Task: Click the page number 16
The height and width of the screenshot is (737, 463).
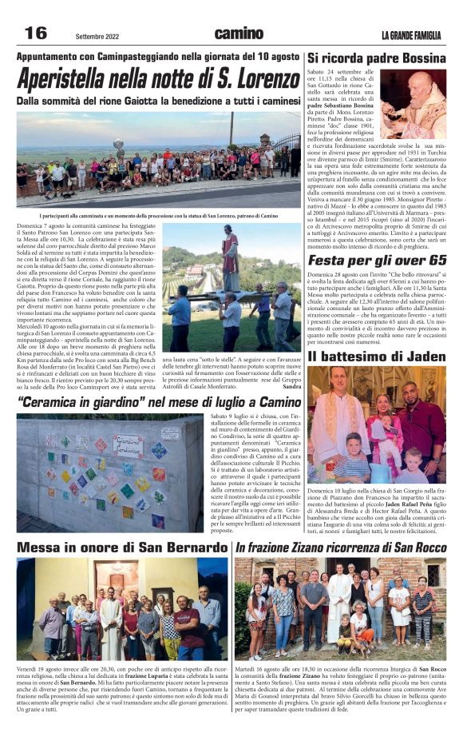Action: click(x=36, y=33)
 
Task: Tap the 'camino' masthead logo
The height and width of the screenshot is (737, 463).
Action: click(x=239, y=34)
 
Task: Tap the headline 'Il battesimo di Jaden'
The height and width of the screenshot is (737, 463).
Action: click(x=377, y=356)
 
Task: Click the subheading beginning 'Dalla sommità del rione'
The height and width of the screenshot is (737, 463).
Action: click(x=159, y=102)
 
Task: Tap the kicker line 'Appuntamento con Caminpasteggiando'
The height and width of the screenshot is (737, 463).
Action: click(x=159, y=58)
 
